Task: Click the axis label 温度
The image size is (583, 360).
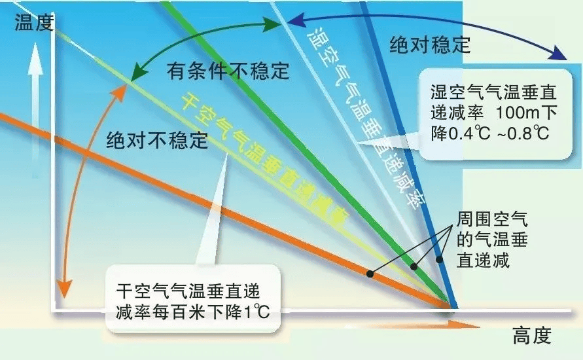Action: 35,23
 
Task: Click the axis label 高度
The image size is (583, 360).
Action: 532,336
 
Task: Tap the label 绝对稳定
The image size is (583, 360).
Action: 430,45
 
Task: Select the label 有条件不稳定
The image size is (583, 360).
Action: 228,70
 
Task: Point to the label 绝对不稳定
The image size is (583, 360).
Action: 157,140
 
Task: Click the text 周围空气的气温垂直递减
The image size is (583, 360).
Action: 492,240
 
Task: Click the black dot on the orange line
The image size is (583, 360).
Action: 370,274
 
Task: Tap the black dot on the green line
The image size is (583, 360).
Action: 414,266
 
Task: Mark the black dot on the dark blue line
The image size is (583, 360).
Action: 439,259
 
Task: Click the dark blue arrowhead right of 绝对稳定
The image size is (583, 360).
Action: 558,54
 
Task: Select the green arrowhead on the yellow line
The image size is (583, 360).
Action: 137,73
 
